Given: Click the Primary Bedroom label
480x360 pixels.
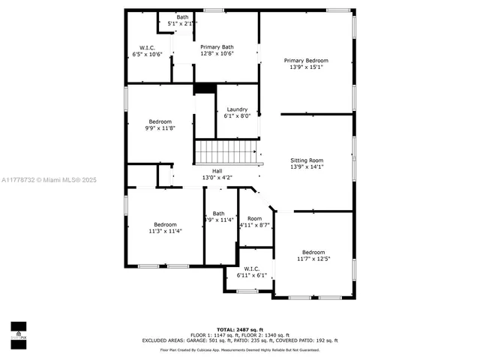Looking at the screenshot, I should click(x=306, y=60).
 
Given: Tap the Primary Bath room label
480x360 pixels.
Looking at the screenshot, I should click(x=217, y=47).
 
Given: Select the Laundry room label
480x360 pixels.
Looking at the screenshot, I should click(x=237, y=109).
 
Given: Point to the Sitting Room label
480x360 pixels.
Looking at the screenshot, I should click(x=307, y=160).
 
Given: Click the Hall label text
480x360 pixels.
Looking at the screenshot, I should click(x=217, y=171).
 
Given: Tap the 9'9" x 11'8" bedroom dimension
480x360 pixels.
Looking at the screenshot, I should click(x=160, y=128).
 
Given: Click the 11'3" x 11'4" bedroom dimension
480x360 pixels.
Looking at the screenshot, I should click(x=165, y=231).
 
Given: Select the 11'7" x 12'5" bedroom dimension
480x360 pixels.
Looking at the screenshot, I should click(x=313, y=259).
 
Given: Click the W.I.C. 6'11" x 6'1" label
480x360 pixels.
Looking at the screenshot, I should click(x=252, y=271).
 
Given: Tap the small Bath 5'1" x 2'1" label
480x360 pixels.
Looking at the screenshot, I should click(x=182, y=20).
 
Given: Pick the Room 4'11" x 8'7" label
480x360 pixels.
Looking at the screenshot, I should click(x=254, y=222).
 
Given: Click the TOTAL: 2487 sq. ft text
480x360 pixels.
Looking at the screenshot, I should click(x=240, y=329).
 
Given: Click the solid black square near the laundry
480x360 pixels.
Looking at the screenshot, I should click(x=204, y=88).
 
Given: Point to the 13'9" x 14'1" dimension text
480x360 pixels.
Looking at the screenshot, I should click(x=307, y=167).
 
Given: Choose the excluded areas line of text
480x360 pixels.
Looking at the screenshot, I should click(x=240, y=340).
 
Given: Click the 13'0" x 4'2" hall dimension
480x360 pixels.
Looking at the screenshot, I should click(x=217, y=178).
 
